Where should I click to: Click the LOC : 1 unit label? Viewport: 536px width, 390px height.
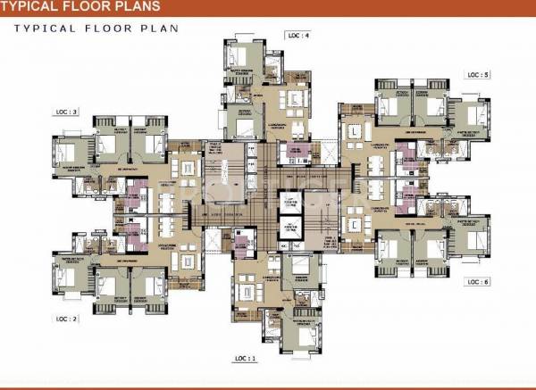245,358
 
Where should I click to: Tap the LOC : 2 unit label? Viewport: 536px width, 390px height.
68,317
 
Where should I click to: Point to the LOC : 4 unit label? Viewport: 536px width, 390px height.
298,36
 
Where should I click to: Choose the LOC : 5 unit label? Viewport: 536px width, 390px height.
478,75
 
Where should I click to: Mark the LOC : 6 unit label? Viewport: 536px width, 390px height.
478,282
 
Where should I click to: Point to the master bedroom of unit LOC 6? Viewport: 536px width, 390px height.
468,234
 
